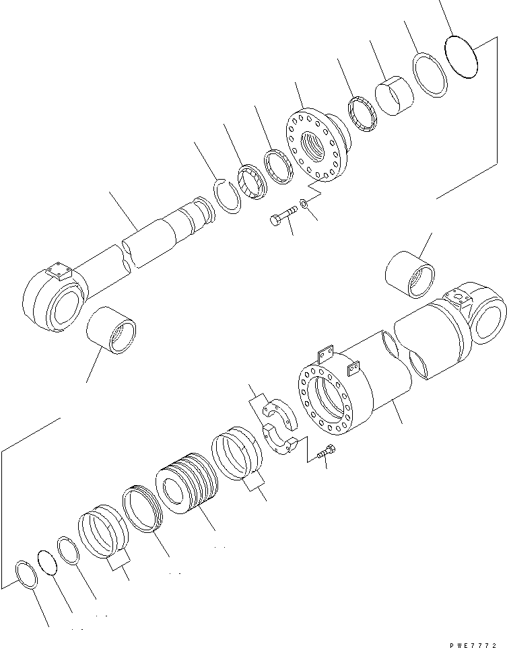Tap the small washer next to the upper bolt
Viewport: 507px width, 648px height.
click(x=304, y=203)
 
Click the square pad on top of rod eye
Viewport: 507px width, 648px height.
click(x=60, y=273)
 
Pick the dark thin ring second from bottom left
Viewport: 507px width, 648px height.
click(x=46, y=562)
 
